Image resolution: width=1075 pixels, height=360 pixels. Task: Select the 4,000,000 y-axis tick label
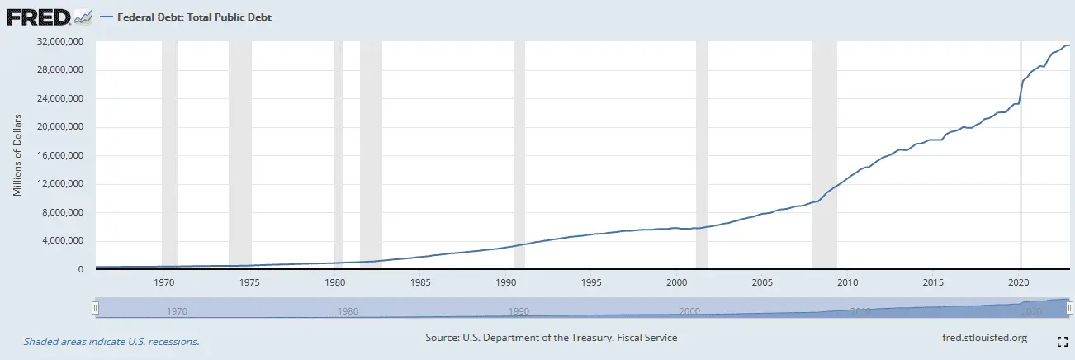(63, 241)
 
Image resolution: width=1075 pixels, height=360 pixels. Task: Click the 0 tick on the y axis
(80, 270)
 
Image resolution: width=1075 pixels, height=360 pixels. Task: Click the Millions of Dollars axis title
(17, 156)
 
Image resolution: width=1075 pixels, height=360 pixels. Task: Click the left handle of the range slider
(95, 308)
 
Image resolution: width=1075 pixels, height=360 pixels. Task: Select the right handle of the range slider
(1069, 308)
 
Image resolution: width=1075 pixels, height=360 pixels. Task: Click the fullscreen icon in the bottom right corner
(1063, 340)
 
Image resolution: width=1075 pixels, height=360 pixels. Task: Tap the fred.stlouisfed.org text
(984, 338)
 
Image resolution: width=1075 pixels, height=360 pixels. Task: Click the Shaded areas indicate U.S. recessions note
(111, 341)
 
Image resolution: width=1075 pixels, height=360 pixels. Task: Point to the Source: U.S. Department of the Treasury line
(551, 338)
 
